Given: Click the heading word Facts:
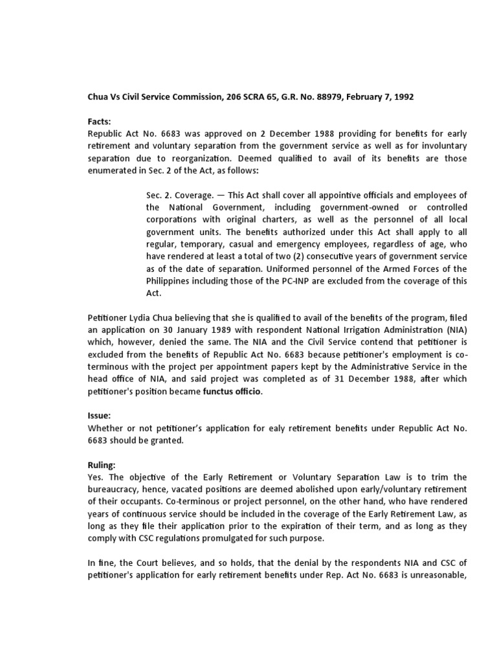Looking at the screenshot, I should coord(100,121).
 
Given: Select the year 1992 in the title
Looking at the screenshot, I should coord(401,97).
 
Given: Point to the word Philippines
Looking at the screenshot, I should coord(171,281).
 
